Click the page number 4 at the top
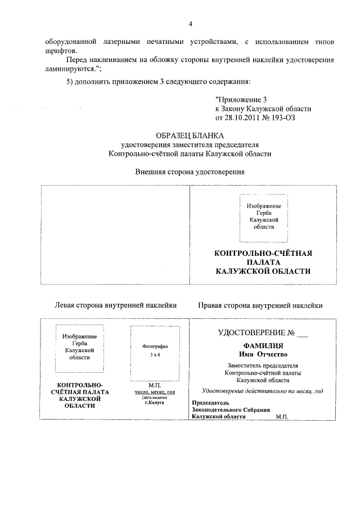190,24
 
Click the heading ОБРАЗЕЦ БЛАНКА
190,135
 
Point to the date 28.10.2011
245,118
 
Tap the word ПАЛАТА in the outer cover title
264,262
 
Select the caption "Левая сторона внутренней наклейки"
115,305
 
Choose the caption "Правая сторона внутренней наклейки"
260,305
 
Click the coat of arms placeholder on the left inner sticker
79,349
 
